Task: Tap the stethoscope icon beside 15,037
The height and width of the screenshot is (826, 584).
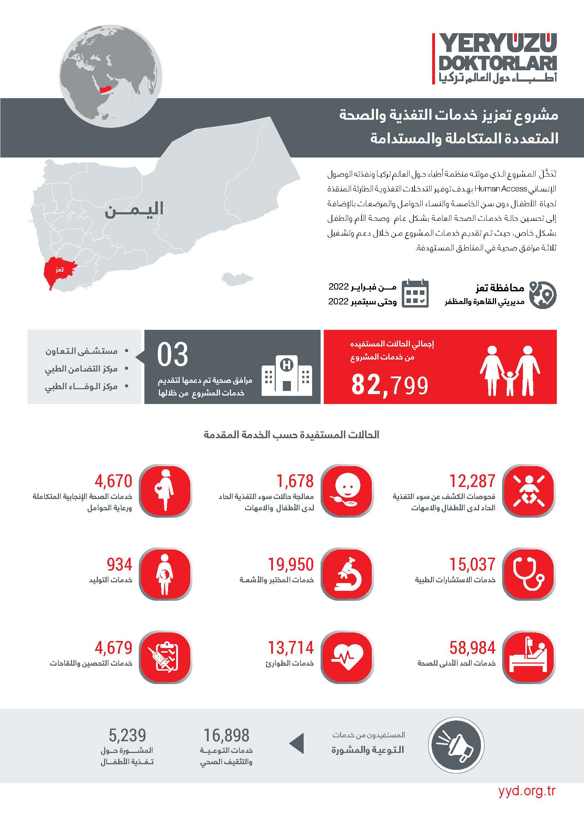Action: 528,574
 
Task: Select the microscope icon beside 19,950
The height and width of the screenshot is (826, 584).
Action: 347,574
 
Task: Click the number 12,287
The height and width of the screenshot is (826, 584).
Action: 472,481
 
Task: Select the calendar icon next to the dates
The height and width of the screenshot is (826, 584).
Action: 415,293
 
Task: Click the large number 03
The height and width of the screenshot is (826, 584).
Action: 173,355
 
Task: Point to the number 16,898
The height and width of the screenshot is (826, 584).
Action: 227,735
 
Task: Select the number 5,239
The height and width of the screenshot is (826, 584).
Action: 127,735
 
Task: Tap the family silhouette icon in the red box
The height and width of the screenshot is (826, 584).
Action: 510,370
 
